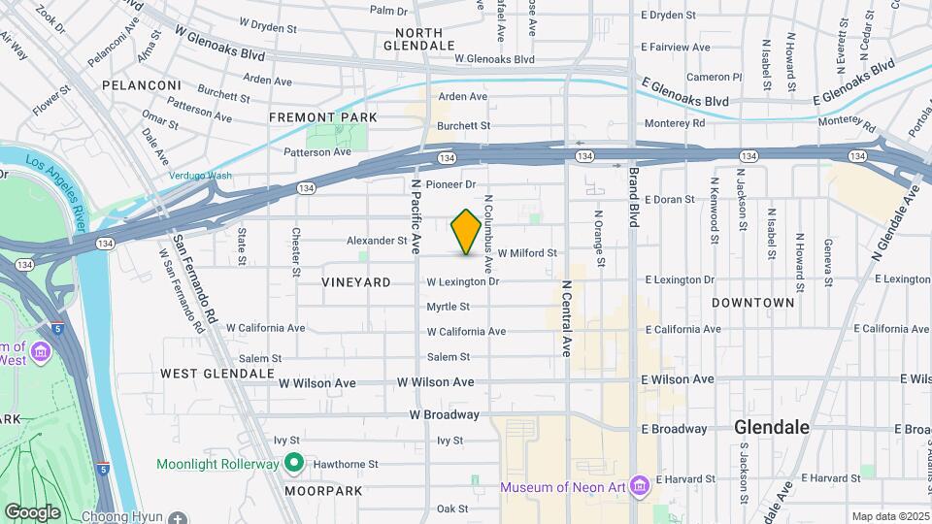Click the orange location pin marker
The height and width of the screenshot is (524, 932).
(466, 232)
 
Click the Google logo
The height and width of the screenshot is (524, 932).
(32, 512)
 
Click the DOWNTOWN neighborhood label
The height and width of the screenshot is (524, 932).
(753, 303)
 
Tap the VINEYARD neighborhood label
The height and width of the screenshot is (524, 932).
(356, 282)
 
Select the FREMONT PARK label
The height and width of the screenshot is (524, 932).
(316, 117)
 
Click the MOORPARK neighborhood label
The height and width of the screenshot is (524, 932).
(323, 491)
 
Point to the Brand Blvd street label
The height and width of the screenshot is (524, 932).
(633, 198)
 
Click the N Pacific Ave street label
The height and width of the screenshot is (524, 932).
(416, 212)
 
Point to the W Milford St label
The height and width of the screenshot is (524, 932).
(527, 253)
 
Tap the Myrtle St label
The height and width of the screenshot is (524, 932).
(448, 307)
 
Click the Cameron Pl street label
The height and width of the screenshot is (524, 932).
(714, 77)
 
